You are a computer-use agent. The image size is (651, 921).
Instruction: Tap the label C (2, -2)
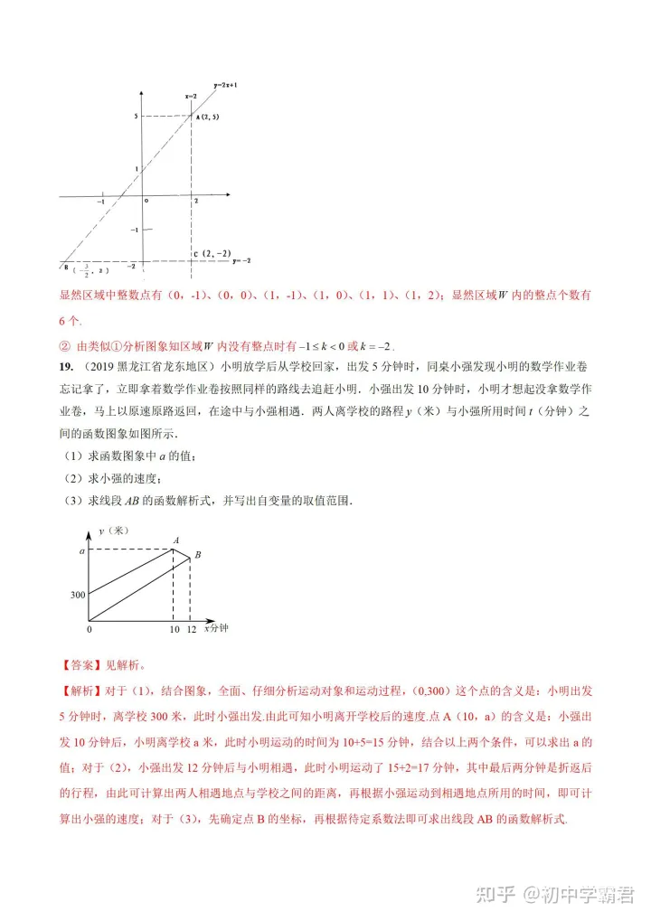coord(211,253)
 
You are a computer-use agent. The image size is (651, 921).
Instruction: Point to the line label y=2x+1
coord(224,84)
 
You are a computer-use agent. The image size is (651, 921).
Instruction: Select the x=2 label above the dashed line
coord(191,95)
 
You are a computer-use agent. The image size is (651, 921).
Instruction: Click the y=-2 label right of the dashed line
coord(241,260)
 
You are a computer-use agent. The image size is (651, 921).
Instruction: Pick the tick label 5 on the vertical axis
coord(134,117)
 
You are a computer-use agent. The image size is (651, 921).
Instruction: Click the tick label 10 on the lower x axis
coord(174,628)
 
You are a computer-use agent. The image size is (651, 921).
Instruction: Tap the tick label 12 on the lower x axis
coord(191,628)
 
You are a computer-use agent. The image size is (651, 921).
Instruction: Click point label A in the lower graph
coord(176,540)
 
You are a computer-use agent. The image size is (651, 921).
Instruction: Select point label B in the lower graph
coord(198,554)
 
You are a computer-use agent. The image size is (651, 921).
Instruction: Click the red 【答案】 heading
coord(81,668)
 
